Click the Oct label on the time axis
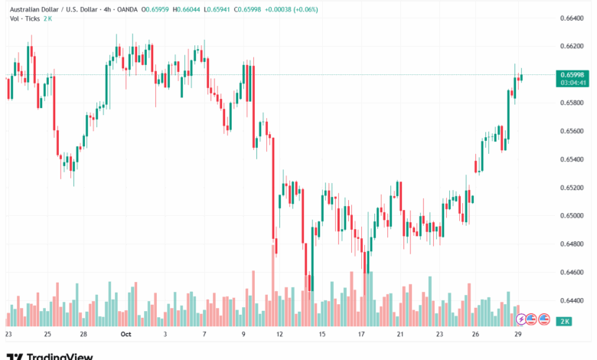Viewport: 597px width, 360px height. click(126, 335)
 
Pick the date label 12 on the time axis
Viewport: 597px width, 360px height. click(281, 335)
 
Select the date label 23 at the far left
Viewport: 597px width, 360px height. click(8, 335)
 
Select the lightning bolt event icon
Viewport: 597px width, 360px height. click(521, 319)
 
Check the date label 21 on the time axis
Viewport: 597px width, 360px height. click(400, 335)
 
